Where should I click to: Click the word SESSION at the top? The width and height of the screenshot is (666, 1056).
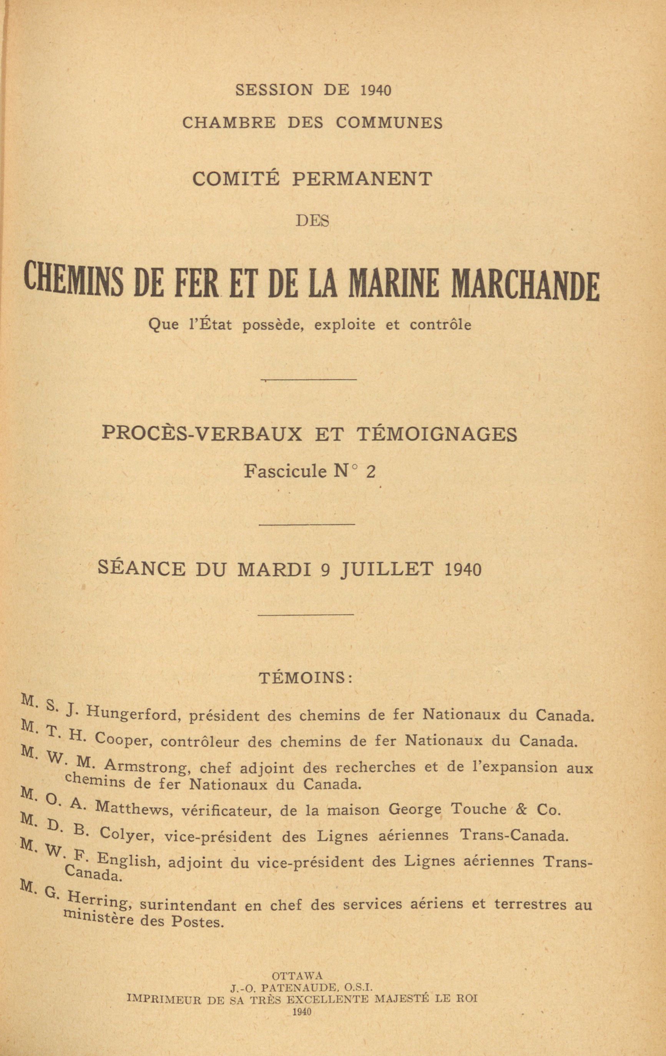(x=274, y=90)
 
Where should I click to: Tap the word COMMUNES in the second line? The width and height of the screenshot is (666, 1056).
(x=389, y=123)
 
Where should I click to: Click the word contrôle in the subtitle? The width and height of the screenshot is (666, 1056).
(x=440, y=325)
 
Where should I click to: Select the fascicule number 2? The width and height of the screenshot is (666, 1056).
(x=370, y=472)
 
